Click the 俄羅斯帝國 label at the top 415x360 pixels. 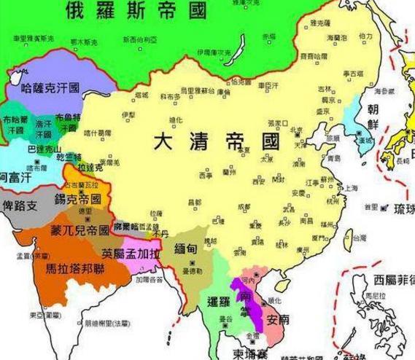point(135,11)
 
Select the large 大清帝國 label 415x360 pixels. point(217,142)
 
